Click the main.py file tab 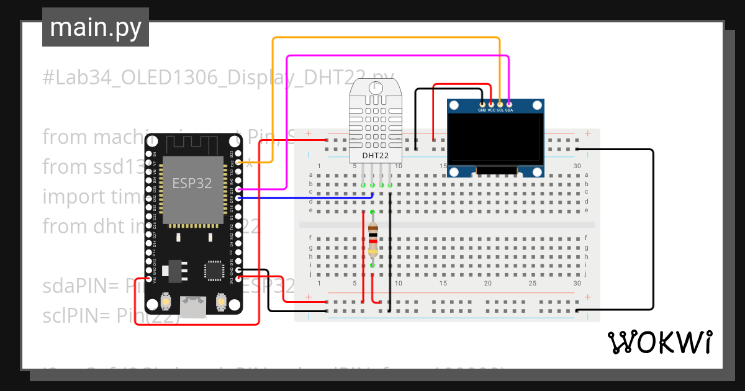[x=95, y=27]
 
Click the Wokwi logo [x=659, y=342]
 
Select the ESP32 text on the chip [x=192, y=184]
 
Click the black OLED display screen [x=495, y=140]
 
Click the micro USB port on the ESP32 [x=192, y=306]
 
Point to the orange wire [x=385, y=38]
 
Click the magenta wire [x=397, y=56]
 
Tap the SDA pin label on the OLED [x=509, y=110]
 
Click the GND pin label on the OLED [x=482, y=110]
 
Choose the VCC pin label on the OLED [x=491, y=110]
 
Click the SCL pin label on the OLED [x=500, y=110]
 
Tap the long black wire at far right [x=652, y=230]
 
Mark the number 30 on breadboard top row [x=577, y=166]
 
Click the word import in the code [x=66, y=197]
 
